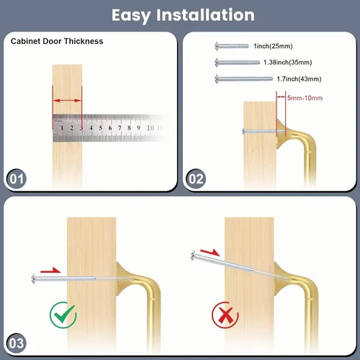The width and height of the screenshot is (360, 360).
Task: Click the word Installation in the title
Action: point(205,15)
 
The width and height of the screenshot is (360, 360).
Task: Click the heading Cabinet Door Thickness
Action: point(57,41)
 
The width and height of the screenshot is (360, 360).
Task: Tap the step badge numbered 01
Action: point(17,179)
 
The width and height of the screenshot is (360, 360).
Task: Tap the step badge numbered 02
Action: point(196,179)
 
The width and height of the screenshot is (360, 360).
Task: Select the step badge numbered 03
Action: point(17,343)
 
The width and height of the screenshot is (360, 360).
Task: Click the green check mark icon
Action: point(63,315)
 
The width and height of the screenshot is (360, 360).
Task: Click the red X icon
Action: point(225,315)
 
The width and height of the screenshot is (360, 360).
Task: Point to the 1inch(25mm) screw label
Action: point(273,46)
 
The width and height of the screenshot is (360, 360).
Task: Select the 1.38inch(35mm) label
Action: point(288,63)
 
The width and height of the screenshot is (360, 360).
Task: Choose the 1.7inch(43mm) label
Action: point(299,79)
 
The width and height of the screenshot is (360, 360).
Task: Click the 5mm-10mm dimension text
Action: point(305,98)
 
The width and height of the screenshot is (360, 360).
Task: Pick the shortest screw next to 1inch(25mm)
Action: point(232,46)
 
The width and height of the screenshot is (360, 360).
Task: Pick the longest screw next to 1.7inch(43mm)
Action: point(243,79)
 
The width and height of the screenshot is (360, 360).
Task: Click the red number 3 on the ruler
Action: point(81,127)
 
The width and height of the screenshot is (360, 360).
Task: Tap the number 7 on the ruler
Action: point(120,127)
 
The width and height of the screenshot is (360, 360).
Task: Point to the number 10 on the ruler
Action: point(150,127)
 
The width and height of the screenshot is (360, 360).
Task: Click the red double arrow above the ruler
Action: point(67,101)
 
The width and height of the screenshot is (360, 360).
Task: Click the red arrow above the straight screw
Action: point(50,270)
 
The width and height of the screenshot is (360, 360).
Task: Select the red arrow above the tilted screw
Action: point(210,253)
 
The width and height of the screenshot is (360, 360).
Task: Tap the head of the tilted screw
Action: point(194,256)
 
